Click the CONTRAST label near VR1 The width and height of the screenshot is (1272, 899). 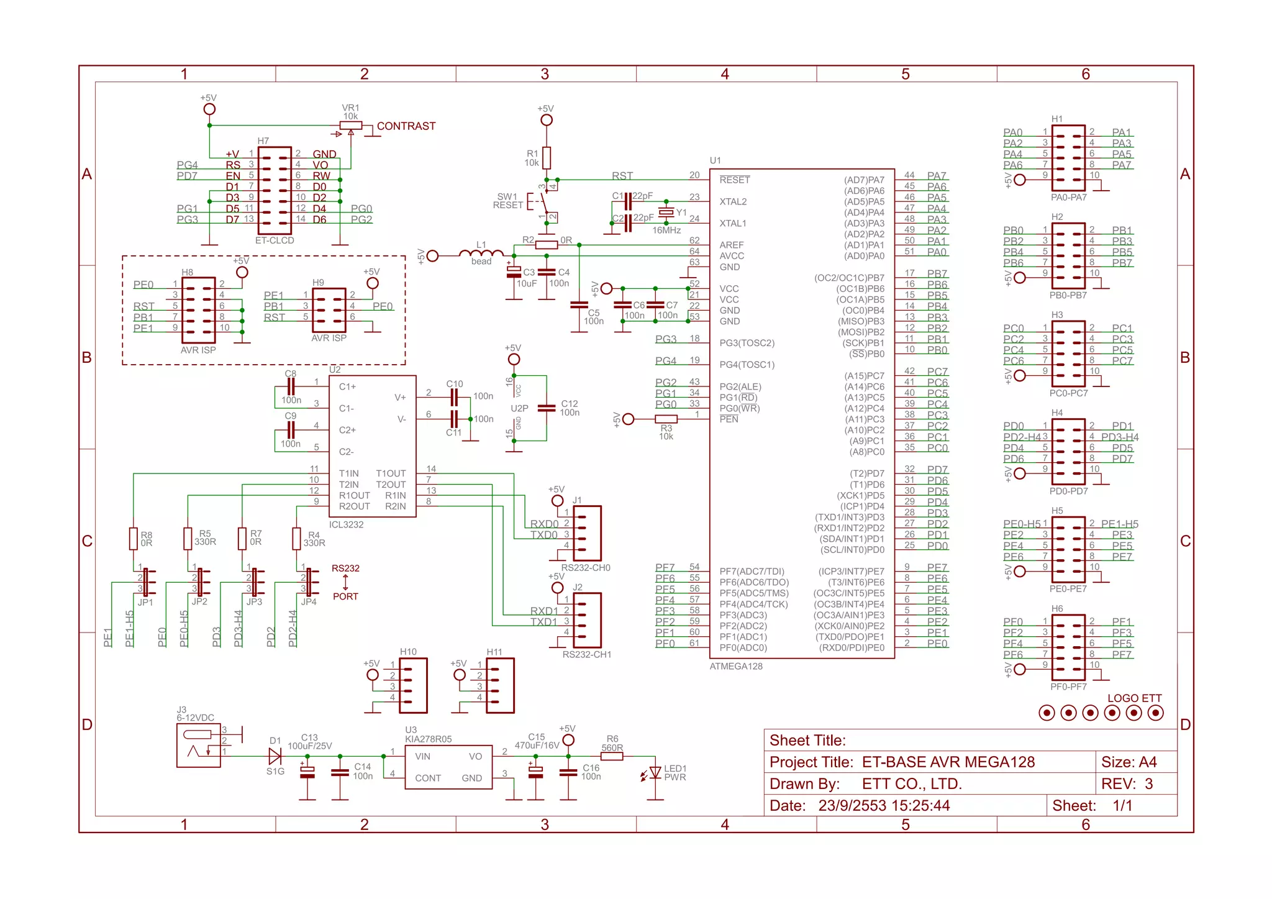[x=406, y=126]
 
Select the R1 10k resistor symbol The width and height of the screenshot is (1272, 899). [x=547, y=158]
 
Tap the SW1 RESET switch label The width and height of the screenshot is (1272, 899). [x=508, y=201]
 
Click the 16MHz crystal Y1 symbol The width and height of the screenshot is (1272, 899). [x=666, y=212]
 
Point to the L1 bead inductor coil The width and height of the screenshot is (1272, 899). [x=481, y=253]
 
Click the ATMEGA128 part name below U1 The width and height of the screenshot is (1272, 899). [x=736, y=667]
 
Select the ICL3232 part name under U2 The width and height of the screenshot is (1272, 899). [x=346, y=525]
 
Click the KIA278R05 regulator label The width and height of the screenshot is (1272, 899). [x=428, y=739]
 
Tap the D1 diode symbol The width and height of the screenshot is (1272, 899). [x=275, y=756]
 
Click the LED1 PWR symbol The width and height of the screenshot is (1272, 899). [x=655, y=773]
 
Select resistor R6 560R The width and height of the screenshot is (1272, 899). [x=612, y=756]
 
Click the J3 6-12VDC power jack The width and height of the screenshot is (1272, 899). [x=199, y=746]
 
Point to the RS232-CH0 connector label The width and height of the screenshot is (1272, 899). [x=585, y=568]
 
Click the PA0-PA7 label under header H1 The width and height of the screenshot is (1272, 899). [x=1068, y=198]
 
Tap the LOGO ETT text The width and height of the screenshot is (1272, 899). [x=1134, y=698]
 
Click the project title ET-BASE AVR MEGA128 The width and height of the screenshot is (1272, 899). [x=948, y=762]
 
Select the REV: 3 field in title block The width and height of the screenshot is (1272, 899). [x=1127, y=784]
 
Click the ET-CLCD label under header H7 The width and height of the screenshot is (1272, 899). [x=275, y=240]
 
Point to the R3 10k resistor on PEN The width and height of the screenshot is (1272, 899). [x=666, y=419]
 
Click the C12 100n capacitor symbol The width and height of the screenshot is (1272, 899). [x=547, y=408]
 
